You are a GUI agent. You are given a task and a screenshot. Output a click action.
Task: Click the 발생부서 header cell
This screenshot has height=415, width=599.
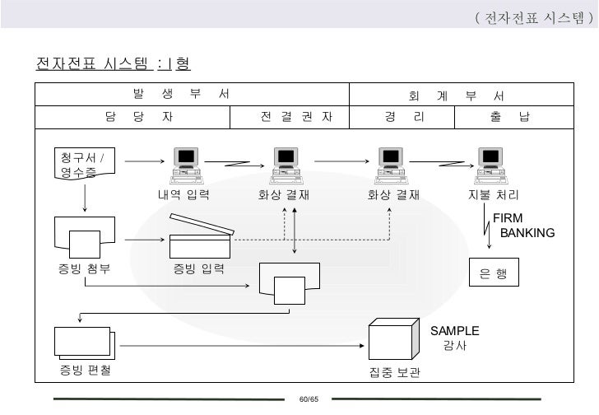[x=191, y=95]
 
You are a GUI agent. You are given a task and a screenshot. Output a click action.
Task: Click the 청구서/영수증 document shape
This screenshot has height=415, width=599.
[x=83, y=165]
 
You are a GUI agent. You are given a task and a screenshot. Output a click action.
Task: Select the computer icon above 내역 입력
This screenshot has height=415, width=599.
[x=186, y=165]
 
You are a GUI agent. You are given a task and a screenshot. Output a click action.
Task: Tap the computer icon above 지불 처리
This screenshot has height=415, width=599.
[x=490, y=165]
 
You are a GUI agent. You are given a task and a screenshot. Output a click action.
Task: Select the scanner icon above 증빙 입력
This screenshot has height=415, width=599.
[x=200, y=237]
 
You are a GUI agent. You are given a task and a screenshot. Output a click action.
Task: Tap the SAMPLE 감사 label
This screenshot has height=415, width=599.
[x=454, y=338]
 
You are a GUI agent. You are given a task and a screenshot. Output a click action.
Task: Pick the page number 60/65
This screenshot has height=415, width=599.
[x=309, y=399]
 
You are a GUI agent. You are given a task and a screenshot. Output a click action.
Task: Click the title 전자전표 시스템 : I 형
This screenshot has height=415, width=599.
[x=114, y=63]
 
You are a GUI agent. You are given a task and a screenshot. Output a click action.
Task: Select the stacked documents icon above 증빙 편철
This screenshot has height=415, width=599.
[x=83, y=343]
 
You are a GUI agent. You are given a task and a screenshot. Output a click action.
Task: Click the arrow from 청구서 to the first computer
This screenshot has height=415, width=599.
[x=144, y=161]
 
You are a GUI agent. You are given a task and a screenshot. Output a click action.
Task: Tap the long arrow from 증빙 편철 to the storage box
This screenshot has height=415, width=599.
[x=239, y=345]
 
